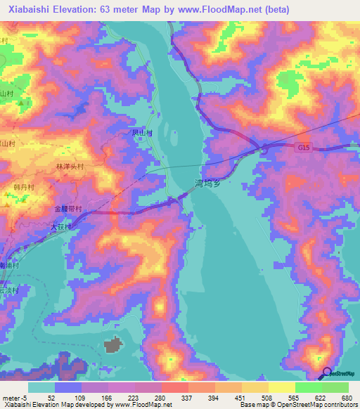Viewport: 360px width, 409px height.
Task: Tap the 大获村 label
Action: pos(62,227)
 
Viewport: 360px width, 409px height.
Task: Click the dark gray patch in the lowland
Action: pos(113,344)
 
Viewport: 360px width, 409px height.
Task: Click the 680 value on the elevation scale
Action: pos(345,398)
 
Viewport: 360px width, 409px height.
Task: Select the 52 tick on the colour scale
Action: pos(51,398)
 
